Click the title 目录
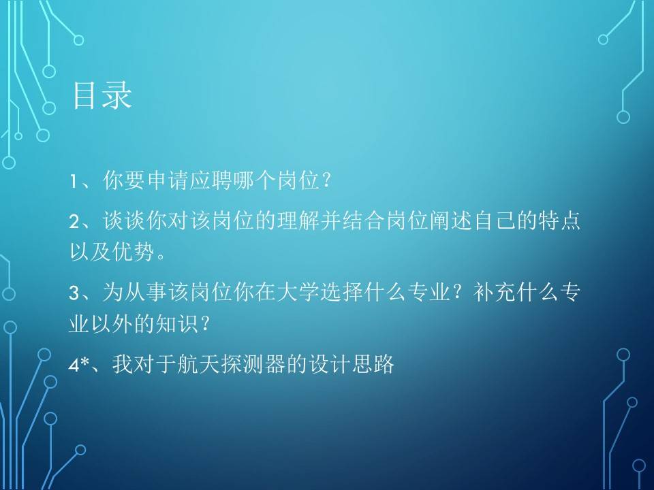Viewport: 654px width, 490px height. (x=102, y=95)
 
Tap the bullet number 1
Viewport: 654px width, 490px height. (x=73, y=182)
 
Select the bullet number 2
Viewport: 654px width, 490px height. (x=74, y=222)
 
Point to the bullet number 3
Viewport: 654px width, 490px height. (x=74, y=293)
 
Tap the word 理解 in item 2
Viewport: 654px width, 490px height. (x=298, y=220)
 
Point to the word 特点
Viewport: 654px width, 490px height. (x=559, y=220)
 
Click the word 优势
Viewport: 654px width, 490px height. (x=133, y=252)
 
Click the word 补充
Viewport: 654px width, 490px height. (x=495, y=292)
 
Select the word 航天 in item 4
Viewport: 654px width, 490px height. (x=199, y=363)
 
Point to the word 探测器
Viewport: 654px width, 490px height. (x=253, y=363)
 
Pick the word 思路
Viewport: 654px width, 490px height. (x=373, y=363)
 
